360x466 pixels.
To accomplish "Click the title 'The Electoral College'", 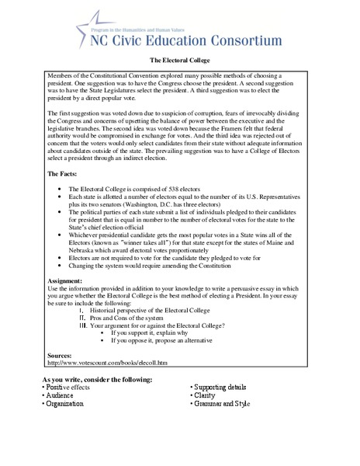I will click(x=179, y=59).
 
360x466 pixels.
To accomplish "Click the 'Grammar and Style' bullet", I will click(x=225, y=404).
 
